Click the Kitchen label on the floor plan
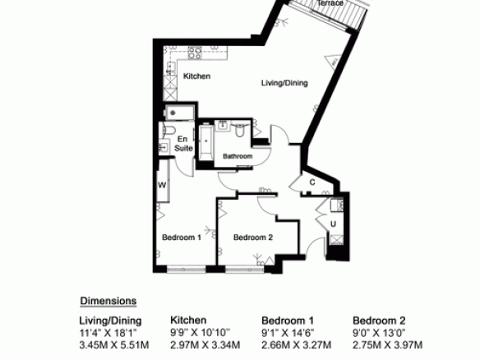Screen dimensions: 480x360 pyautogui.click(x=196, y=76)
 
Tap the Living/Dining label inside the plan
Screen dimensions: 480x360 pyautogui.click(x=284, y=83)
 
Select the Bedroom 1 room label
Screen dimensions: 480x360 pyautogui.click(x=182, y=238)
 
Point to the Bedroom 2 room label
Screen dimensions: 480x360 pyautogui.click(x=253, y=238)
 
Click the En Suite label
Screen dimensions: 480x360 pyautogui.click(x=183, y=144)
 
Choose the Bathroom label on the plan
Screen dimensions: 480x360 pyautogui.click(x=238, y=156)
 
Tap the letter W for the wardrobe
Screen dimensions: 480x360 pyautogui.click(x=162, y=185)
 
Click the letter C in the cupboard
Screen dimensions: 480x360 pyautogui.click(x=312, y=182)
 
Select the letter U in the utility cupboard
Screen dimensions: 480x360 pyautogui.click(x=333, y=224)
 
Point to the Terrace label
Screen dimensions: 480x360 pyautogui.click(x=330, y=3)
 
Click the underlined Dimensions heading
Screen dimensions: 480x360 pyautogui.click(x=108, y=301)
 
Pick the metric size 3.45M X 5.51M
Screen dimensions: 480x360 pyautogui.click(x=114, y=345)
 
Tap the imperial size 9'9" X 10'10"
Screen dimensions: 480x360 pyautogui.click(x=201, y=332)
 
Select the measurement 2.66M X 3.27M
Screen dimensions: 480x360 pyautogui.click(x=297, y=345)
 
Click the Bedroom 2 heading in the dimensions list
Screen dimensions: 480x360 pyautogui.click(x=379, y=321)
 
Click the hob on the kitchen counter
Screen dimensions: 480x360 pyautogui.click(x=195, y=53)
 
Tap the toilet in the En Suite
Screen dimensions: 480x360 pyautogui.click(x=168, y=130)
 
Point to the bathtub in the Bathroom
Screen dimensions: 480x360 pyautogui.click(x=206, y=141)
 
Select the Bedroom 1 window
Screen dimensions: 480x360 pyautogui.click(x=187, y=270)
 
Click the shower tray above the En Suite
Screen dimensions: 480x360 pyautogui.click(x=180, y=113)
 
